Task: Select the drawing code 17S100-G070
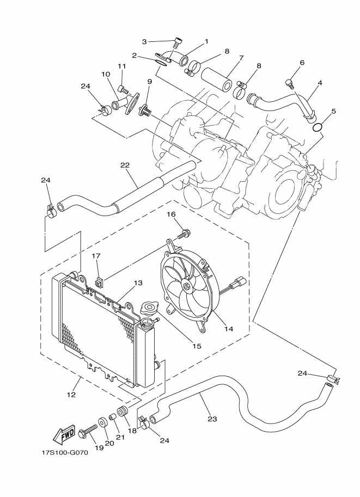(65, 452)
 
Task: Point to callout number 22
(125, 165)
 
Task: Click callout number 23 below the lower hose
(212, 419)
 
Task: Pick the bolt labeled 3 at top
(178, 42)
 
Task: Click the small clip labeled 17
(100, 281)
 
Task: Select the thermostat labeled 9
(146, 109)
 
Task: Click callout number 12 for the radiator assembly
(71, 395)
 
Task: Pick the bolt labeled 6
(289, 83)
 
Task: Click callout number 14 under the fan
(228, 329)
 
